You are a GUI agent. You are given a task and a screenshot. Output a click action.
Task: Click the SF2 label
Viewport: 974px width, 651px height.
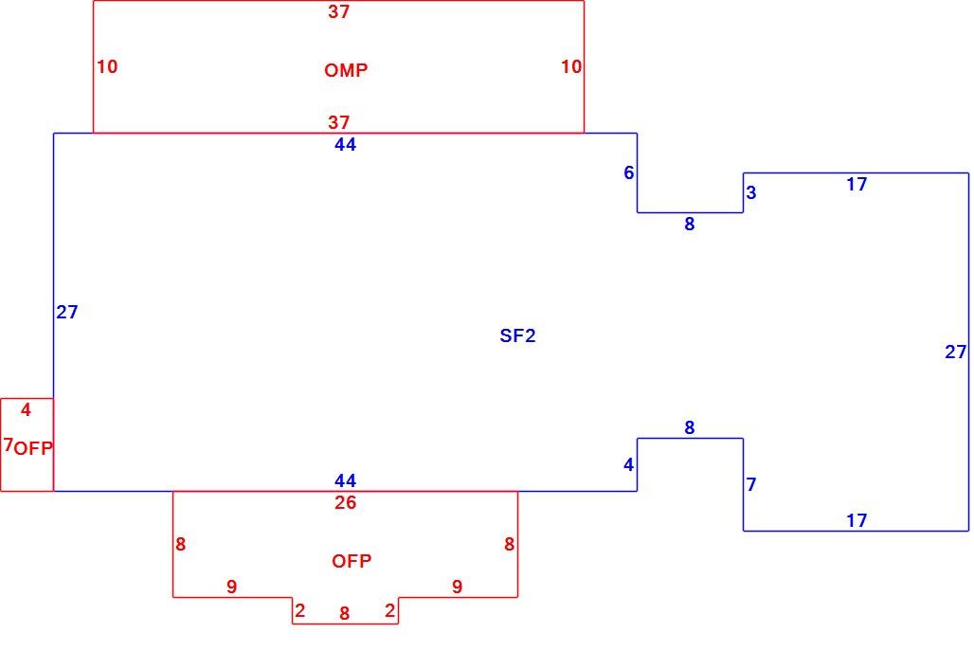click(x=517, y=336)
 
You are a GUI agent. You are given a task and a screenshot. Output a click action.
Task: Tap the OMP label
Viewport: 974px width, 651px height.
click(x=346, y=70)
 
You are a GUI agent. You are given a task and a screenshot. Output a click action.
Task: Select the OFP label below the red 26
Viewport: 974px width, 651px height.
click(x=352, y=562)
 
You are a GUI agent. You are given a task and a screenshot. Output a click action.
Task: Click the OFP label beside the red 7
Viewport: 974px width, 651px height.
click(x=33, y=448)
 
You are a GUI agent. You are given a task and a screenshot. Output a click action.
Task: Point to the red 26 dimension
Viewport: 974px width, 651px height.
click(x=346, y=502)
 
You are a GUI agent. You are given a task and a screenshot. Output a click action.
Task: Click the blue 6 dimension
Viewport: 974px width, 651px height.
click(x=628, y=172)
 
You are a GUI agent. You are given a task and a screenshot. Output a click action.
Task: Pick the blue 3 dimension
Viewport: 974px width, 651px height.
click(x=751, y=192)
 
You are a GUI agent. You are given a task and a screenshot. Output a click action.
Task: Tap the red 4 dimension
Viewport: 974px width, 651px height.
click(x=26, y=409)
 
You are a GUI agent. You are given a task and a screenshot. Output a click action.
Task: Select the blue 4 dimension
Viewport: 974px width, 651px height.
click(x=628, y=464)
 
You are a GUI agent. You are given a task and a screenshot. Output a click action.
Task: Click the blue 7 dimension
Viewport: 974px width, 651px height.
click(x=751, y=484)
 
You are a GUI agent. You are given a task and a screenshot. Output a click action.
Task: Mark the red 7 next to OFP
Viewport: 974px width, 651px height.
click(x=9, y=444)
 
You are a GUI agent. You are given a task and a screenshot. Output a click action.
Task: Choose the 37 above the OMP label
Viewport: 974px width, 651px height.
click(x=339, y=11)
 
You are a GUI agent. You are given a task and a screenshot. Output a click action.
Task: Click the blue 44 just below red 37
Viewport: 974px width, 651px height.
click(x=346, y=145)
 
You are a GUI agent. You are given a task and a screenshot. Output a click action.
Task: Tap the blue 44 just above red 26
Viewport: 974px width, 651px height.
click(x=346, y=480)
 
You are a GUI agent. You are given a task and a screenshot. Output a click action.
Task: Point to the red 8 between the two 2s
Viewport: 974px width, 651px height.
click(x=345, y=614)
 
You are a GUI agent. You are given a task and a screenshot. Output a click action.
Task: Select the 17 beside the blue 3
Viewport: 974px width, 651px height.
click(x=857, y=185)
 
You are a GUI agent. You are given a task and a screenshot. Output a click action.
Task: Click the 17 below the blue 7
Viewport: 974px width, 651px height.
click(x=857, y=520)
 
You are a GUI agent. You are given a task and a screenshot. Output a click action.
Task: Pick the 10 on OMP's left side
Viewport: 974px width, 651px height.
click(x=107, y=66)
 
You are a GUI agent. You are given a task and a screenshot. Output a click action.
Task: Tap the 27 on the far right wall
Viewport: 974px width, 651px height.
click(x=955, y=353)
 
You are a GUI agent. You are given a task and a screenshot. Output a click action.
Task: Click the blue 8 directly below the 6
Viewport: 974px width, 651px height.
click(x=690, y=225)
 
